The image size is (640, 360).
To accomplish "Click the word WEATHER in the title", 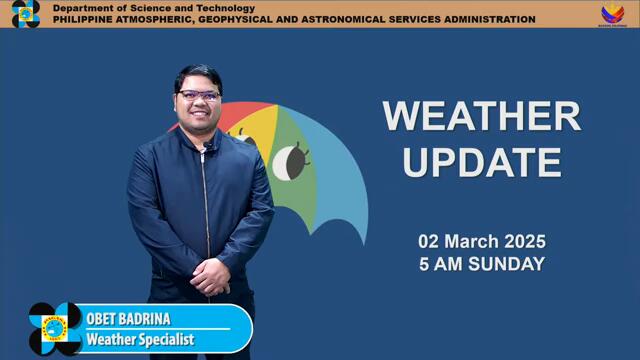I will [x=481, y=116].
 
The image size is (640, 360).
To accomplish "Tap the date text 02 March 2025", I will [x=481, y=242].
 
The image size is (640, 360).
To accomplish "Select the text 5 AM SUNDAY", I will [x=481, y=265].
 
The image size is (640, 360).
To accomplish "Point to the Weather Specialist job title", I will [x=139, y=339].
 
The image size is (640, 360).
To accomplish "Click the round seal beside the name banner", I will [x=55, y=328].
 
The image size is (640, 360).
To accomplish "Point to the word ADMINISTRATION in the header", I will [x=484, y=20].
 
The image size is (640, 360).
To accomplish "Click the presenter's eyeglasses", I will [x=198, y=97].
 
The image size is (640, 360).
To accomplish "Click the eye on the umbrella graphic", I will [x=289, y=160].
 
